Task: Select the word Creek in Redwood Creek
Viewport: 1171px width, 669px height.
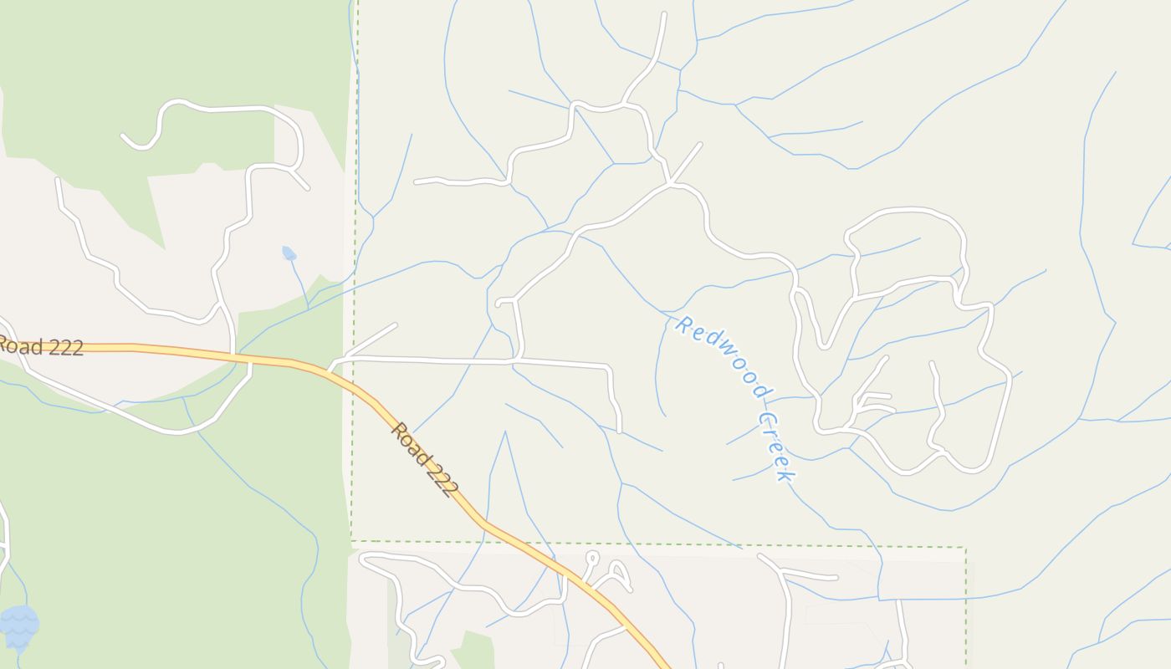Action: point(775,446)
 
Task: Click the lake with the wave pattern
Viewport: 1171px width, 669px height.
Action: point(18,626)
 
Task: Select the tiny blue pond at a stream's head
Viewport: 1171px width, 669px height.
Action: point(289,253)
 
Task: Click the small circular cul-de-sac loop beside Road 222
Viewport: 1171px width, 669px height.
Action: point(592,556)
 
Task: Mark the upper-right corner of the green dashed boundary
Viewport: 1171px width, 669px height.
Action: point(966,549)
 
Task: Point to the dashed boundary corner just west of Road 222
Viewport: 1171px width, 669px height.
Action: point(351,540)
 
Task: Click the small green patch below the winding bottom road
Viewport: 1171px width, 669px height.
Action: point(474,650)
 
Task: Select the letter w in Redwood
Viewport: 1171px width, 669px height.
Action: point(724,360)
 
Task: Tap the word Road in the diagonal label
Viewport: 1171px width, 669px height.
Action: point(408,441)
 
